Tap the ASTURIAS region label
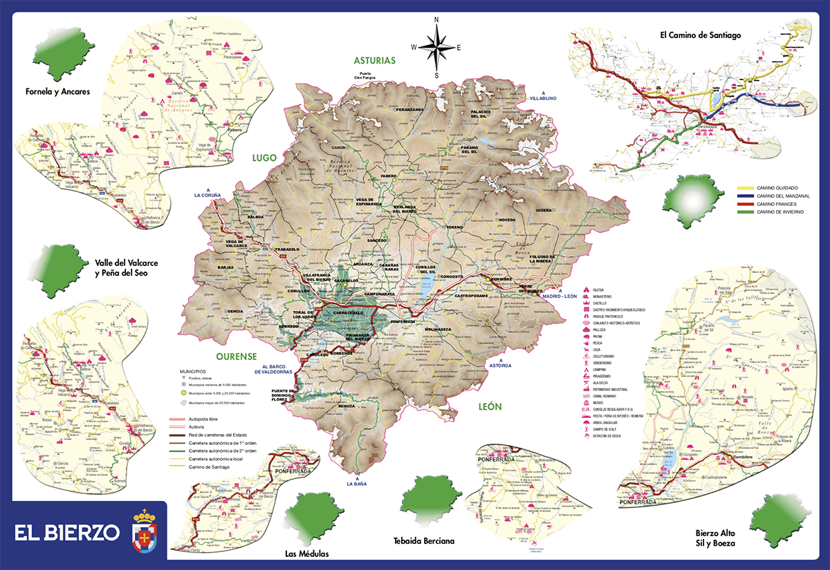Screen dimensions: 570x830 [x=374, y=60]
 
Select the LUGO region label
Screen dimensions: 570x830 [x=264, y=158]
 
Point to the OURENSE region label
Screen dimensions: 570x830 [x=237, y=357]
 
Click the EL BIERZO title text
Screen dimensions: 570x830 [x=67, y=533]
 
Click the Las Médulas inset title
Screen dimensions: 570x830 [x=307, y=553]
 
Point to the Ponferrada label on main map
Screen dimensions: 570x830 [x=403, y=321]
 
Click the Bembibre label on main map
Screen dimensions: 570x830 [x=501, y=279]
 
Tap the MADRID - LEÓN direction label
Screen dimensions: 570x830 [x=560, y=296]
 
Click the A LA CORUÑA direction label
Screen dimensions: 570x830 [x=207, y=196]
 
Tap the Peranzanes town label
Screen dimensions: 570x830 [x=409, y=110]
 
